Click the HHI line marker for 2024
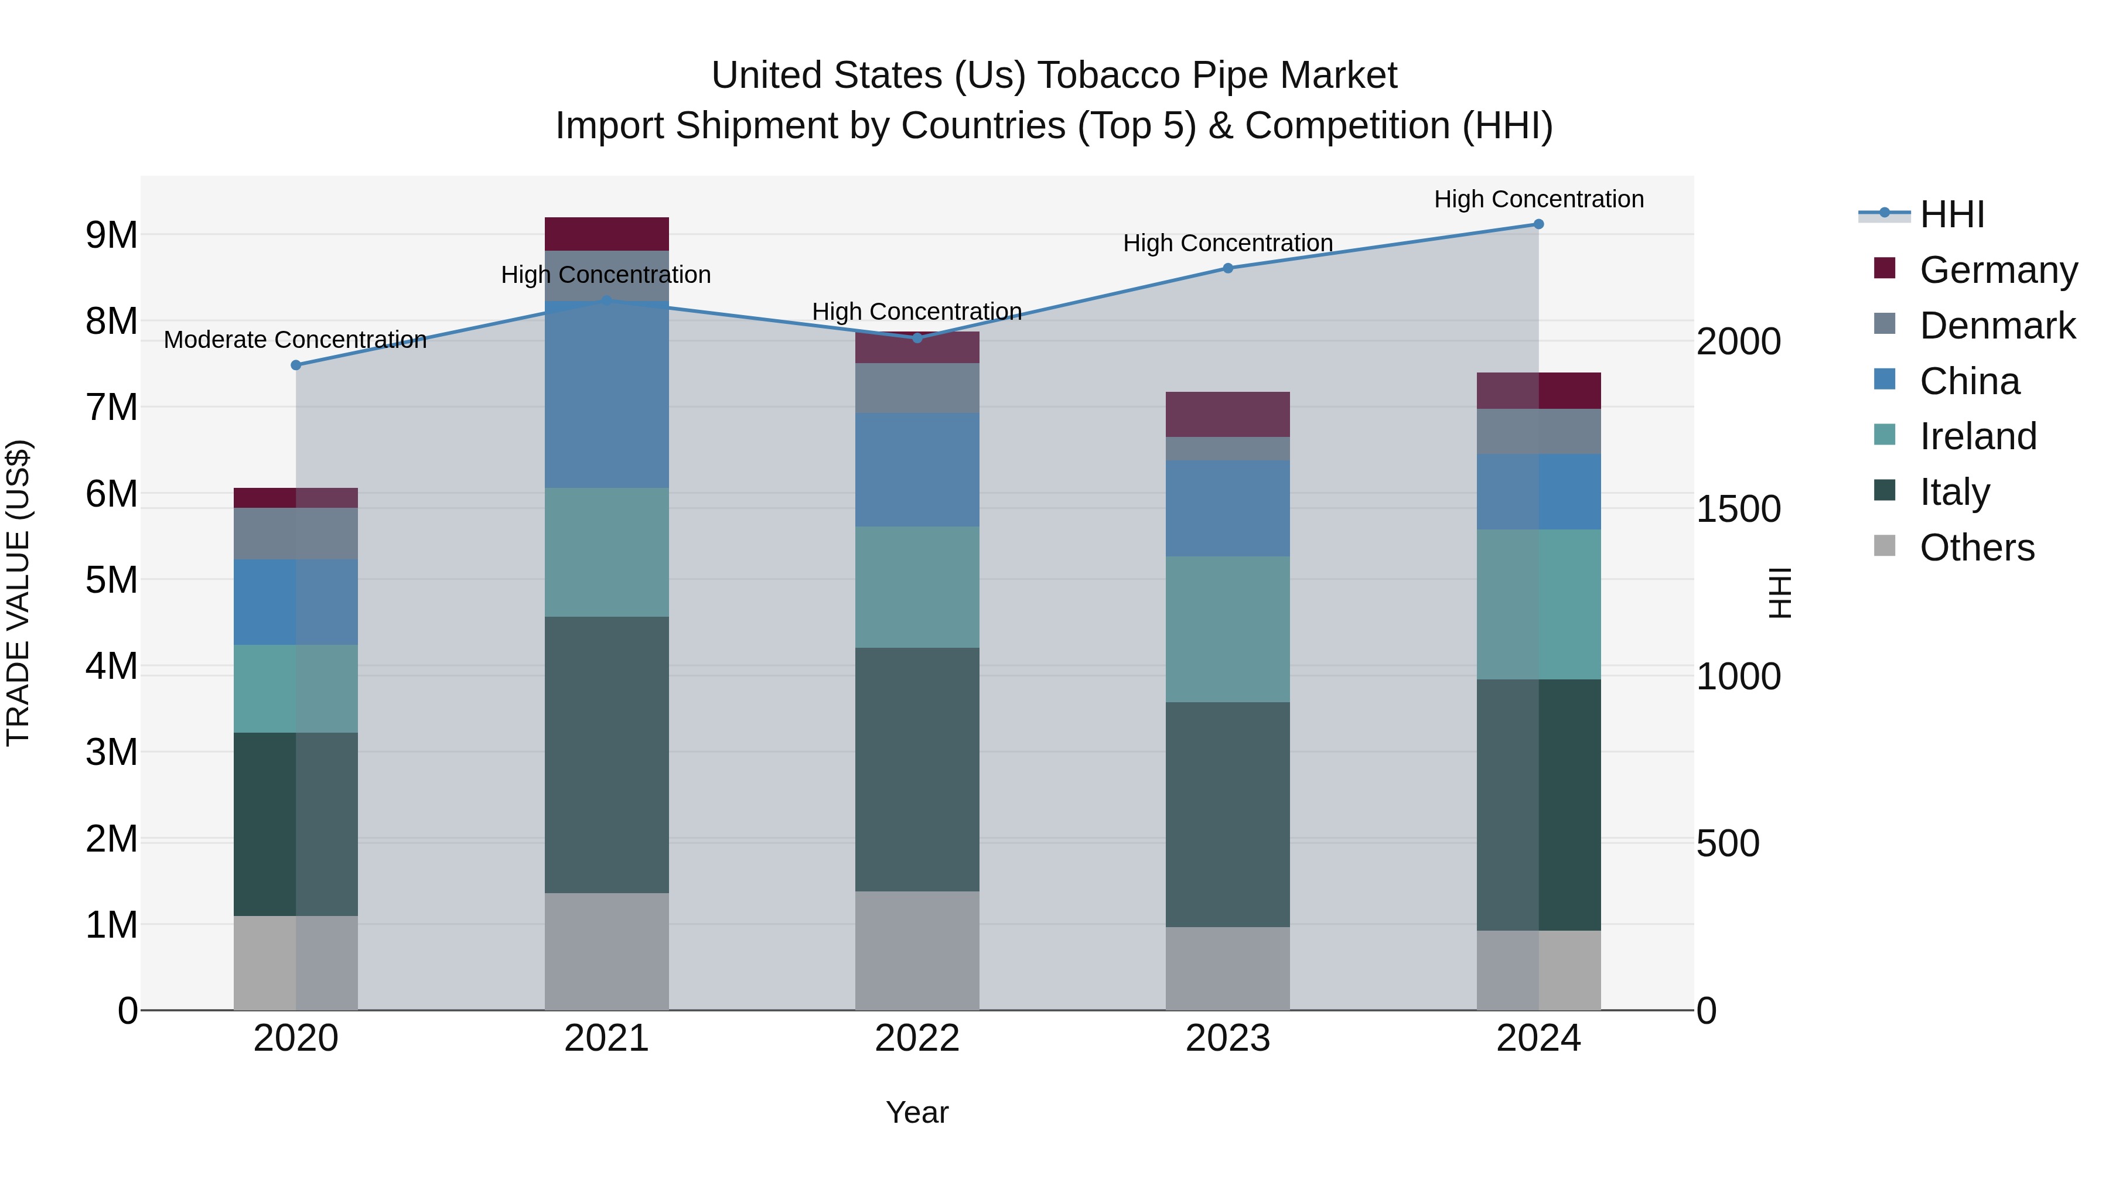(x=1538, y=224)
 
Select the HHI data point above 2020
(x=296, y=365)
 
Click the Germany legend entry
(x=1998, y=270)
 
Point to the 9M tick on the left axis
(x=111, y=235)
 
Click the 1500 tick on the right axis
(x=1738, y=509)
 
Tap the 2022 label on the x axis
(x=917, y=1038)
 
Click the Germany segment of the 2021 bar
(x=607, y=234)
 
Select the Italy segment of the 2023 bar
(x=1227, y=815)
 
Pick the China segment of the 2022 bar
(x=917, y=470)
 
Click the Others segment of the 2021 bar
(x=607, y=951)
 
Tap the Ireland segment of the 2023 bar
(x=1227, y=630)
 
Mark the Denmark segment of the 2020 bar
(x=296, y=534)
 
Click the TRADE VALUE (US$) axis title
(x=18, y=593)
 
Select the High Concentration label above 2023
(x=1227, y=243)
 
